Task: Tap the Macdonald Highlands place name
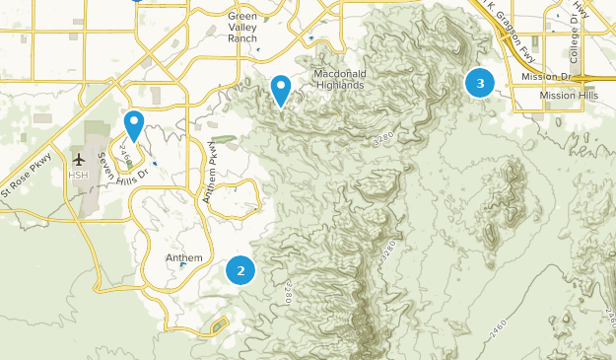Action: [x=340, y=80]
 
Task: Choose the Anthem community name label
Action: [x=183, y=258]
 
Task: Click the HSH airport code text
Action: [x=78, y=175]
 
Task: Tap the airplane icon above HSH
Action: [x=78, y=159]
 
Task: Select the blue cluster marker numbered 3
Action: [x=480, y=84]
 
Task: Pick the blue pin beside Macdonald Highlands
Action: [x=281, y=90]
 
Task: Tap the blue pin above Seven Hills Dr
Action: [x=134, y=124]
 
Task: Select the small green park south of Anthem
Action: [x=218, y=325]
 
